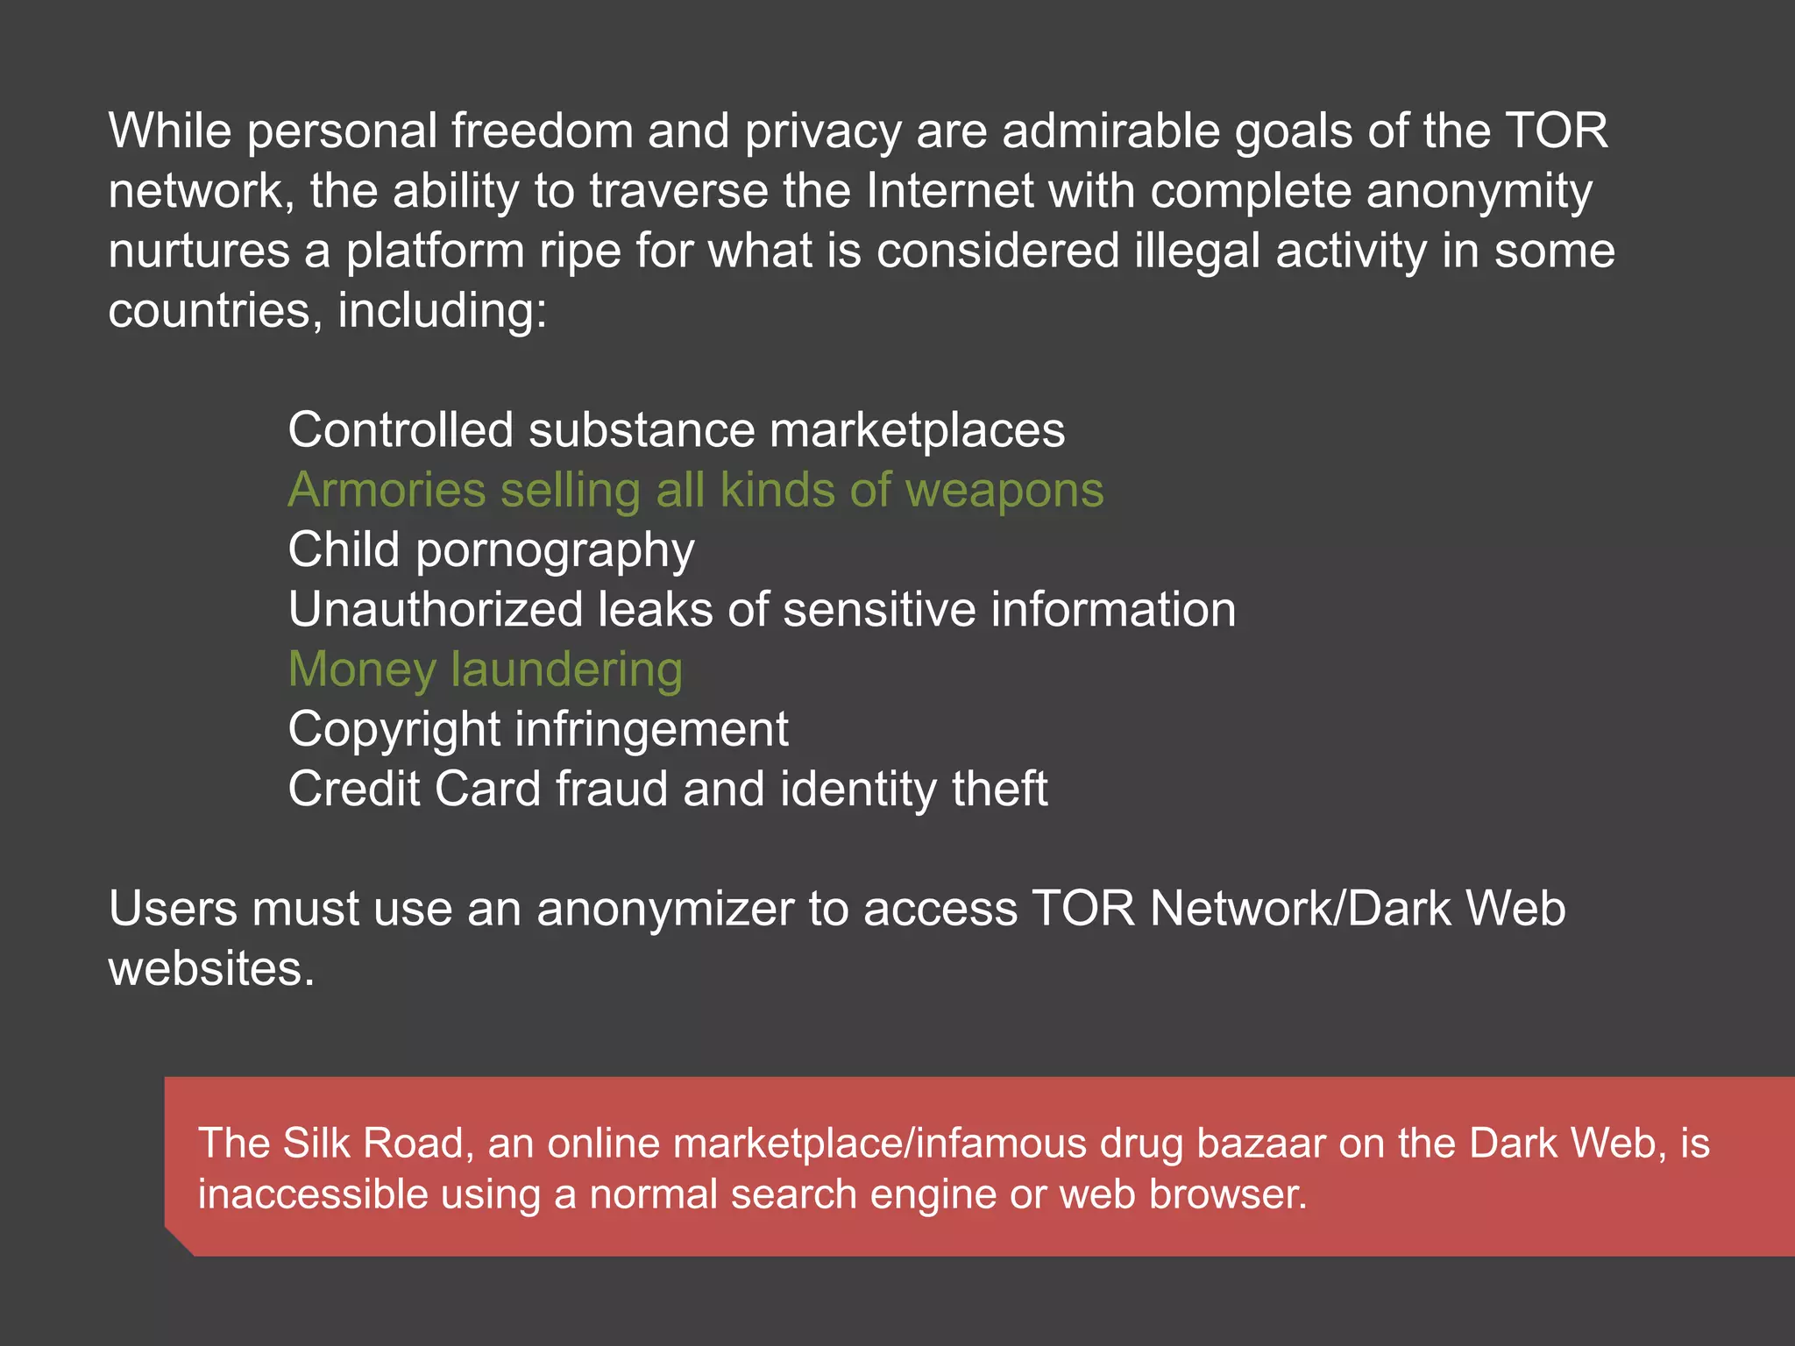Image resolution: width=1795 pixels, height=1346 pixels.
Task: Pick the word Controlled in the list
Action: pos(401,430)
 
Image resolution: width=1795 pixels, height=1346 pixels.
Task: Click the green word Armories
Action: pos(387,490)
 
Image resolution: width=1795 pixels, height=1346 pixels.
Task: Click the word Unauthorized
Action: pos(435,610)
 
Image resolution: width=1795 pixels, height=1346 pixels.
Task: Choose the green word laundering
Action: pos(566,671)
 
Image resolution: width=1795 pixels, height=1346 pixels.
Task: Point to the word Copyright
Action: pos(394,731)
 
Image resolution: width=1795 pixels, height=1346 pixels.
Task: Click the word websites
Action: pos(210,969)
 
